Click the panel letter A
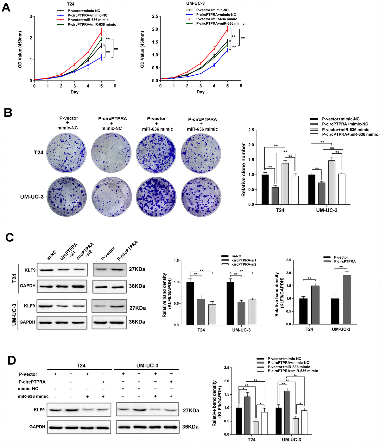click(6, 7)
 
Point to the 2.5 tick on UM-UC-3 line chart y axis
click(155, 16)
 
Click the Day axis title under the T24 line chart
click(74, 92)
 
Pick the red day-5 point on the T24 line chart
click(101, 31)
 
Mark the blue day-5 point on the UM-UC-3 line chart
click(227, 50)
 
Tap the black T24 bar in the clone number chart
click(265, 189)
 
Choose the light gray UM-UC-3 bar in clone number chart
click(332, 182)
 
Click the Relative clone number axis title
click(244, 170)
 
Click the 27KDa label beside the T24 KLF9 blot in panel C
click(137, 269)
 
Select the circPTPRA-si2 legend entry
click(244, 264)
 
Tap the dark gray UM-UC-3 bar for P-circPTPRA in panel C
click(347, 299)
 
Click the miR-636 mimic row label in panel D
click(33, 396)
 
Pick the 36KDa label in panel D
click(190, 427)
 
